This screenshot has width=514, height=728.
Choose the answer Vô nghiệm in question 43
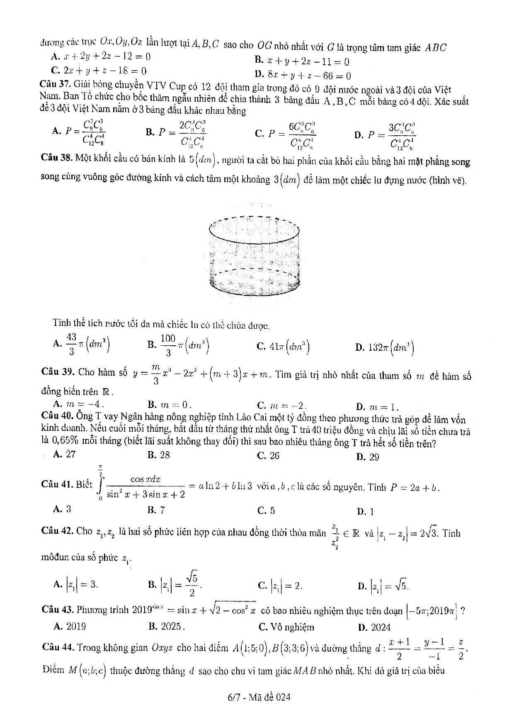(292, 627)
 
